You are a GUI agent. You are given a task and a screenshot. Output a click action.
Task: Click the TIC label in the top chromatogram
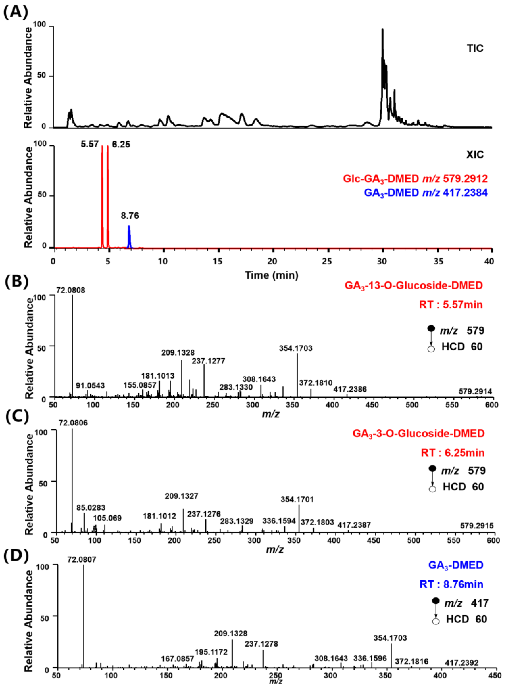(x=475, y=49)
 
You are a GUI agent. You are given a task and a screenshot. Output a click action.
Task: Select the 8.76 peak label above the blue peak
(x=130, y=216)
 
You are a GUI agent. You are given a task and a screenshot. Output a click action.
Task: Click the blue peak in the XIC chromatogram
(x=129, y=235)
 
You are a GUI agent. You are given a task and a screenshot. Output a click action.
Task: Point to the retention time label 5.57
(x=90, y=144)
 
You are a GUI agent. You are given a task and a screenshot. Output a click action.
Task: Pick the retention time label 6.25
(x=121, y=144)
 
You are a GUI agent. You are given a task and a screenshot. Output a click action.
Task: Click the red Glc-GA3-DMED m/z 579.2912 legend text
(x=415, y=179)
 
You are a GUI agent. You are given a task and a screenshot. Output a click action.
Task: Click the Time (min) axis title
(x=271, y=275)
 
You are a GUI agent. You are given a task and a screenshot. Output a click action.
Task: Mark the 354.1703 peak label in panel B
(x=296, y=348)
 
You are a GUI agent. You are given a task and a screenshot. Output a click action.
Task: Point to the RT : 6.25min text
(x=452, y=453)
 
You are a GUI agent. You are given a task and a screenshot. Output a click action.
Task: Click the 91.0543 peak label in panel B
(x=90, y=386)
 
